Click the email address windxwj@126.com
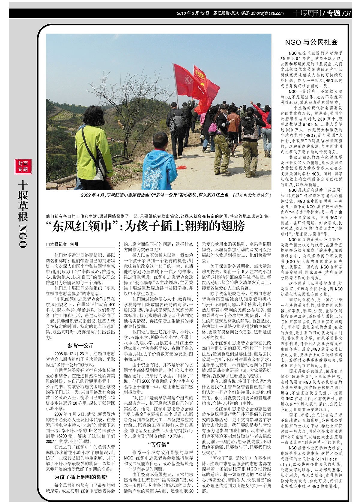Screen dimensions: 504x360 pos(267,13)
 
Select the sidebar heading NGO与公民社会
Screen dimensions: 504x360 pos(311,42)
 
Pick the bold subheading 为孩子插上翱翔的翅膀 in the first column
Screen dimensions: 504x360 pos(80,477)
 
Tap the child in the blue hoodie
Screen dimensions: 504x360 pos(159,168)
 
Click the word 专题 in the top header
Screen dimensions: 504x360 pos(333,13)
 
